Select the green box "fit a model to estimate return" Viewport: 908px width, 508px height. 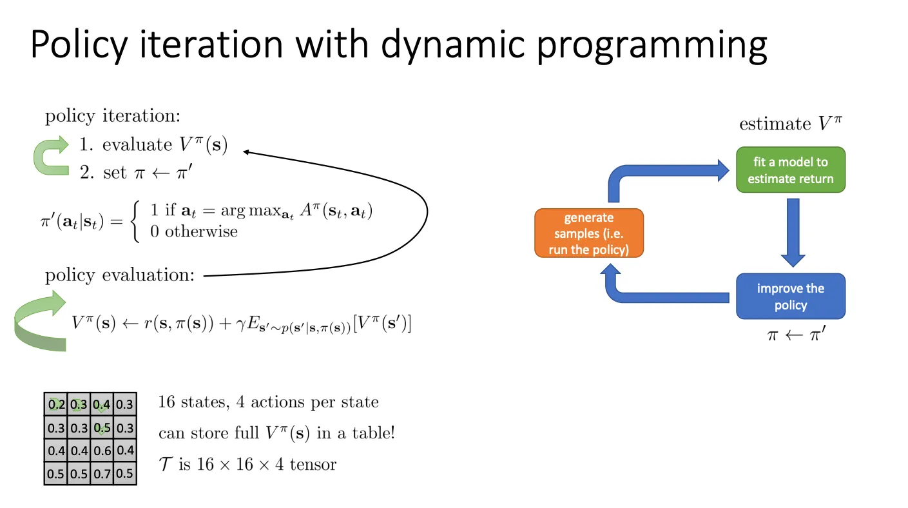click(x=790, y=170)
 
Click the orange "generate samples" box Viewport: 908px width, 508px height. click(x=589, y=233)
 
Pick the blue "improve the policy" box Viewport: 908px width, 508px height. click(x=790, y=297)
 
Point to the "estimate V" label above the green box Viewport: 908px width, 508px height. click(x=790, y=124)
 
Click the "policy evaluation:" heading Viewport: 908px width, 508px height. click(x=119, y=276)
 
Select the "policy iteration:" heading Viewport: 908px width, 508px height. click(x=112, y=117)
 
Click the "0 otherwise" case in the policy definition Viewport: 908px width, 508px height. click(x=194, y=231)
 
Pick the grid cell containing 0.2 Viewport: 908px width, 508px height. click(x=56, y=404)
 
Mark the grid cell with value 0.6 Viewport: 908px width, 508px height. click(x=102, y=451)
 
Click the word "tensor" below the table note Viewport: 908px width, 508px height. click(x=313, y=464)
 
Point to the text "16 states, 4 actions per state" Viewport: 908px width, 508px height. click(x=268, y=402)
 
